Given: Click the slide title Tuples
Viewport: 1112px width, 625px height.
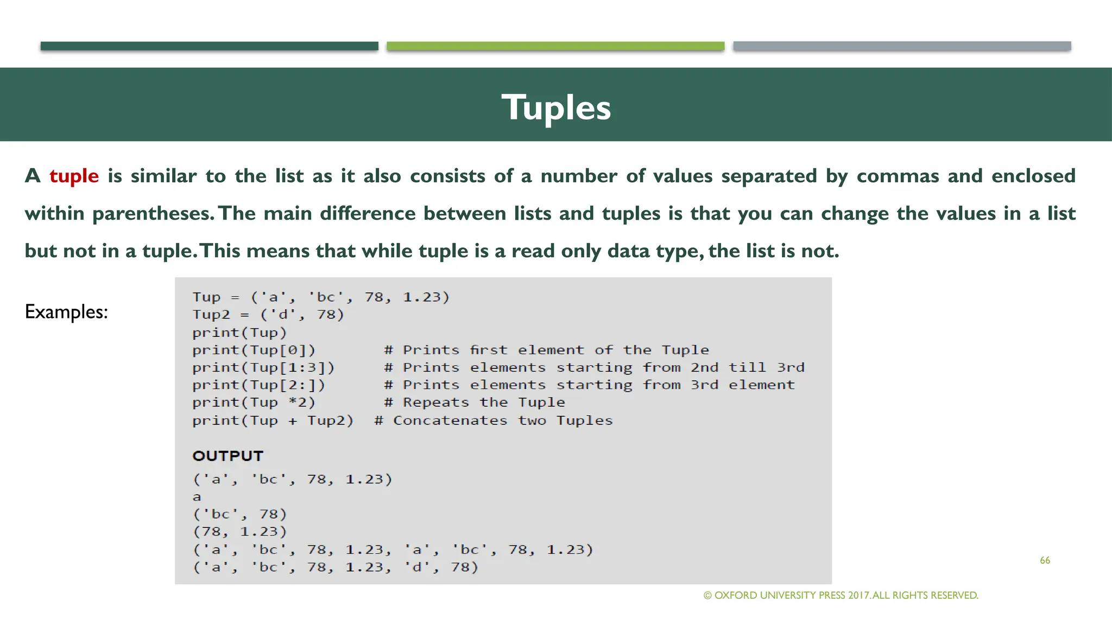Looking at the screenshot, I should tap(556, 107).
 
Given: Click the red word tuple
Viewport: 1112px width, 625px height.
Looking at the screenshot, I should tap(74, 176).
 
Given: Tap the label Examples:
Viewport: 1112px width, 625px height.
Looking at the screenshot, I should tap(66, 311).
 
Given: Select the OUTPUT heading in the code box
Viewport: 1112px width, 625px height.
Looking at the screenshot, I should tap(228, 456).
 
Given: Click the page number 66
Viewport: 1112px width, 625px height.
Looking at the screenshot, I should tap(1045, 560).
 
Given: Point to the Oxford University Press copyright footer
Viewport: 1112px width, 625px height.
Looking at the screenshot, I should tap(841, 595).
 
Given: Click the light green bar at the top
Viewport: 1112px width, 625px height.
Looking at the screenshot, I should tap(555, 46).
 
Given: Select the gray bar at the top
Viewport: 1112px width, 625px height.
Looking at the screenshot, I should tap(901, 46).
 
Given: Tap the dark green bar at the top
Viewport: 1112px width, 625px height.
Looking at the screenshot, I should tap(209, 46).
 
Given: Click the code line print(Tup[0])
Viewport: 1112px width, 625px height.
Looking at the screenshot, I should tap(254, 350).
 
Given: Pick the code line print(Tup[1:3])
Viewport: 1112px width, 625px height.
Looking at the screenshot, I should tap(263, 367).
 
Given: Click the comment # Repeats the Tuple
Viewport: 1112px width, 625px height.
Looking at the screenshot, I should tap(474, 402).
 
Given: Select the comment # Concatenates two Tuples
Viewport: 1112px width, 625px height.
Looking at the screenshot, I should tap(493, 420).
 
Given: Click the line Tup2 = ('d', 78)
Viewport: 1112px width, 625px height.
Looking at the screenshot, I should tap(268, 315).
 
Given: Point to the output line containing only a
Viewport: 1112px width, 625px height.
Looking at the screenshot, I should tap(197, 497).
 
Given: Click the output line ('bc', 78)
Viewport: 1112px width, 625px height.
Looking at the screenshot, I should tap(239, 514).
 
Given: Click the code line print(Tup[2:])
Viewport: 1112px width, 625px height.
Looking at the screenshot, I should tap(258, 385).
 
